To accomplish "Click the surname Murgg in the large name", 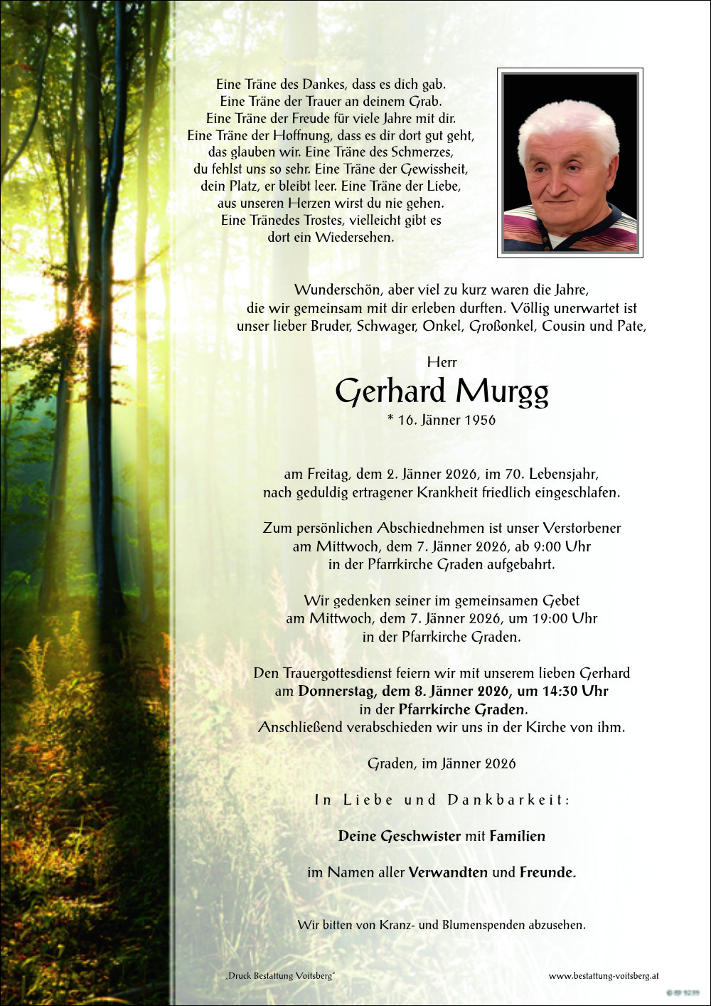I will pos(502,392).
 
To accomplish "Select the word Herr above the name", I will pos(442,363).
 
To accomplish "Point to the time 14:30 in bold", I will pos(560,691).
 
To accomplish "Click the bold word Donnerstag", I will pos(336,691).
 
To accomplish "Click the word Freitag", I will pos(329,474).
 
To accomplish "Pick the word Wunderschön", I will pos(338,290).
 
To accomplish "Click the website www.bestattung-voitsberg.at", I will pos(604,976).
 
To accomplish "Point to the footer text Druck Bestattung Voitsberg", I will pos(280,976).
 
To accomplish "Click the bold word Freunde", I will pos(547,872).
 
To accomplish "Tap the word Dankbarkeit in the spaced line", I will pos(508,800).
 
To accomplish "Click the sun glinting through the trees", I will pos(86,322).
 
